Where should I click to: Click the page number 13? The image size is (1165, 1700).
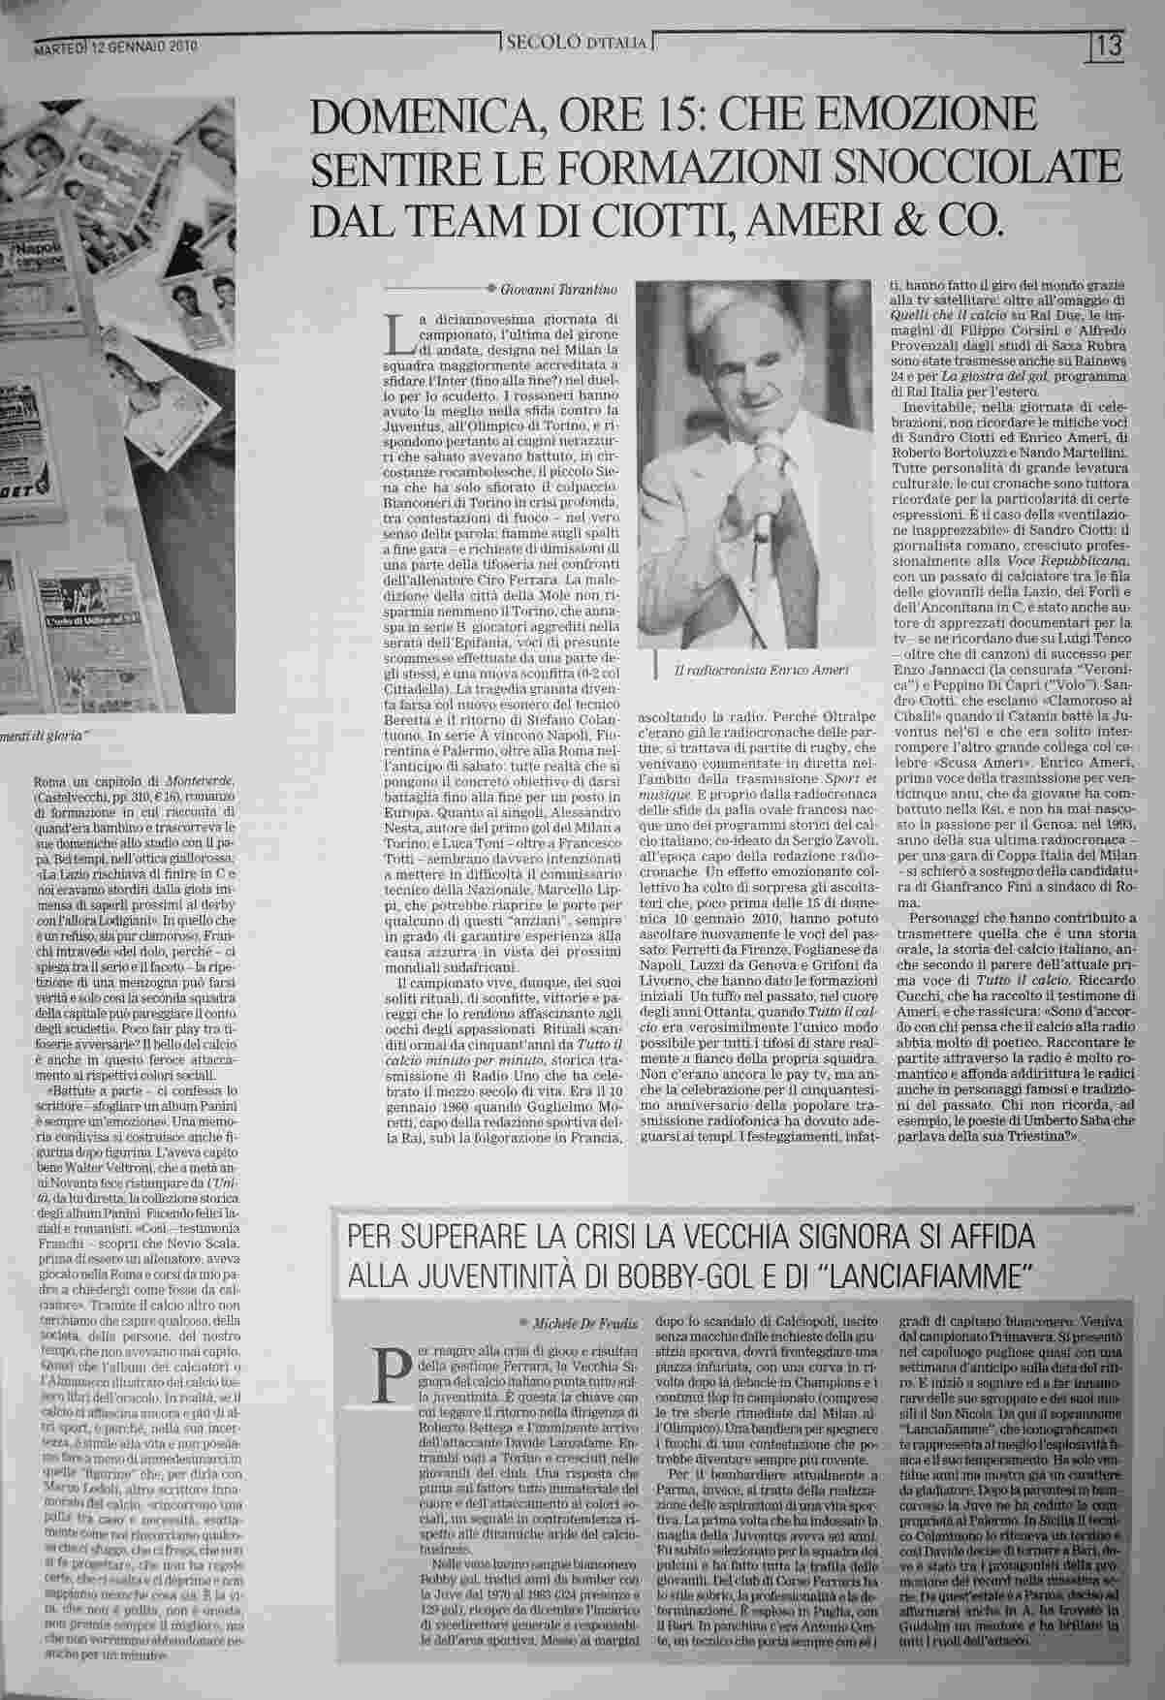tap(1111, 45)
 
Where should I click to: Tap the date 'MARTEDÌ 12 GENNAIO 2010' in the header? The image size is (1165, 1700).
tap(116, 46)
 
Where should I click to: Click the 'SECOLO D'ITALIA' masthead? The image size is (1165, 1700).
tap(577, 43)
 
